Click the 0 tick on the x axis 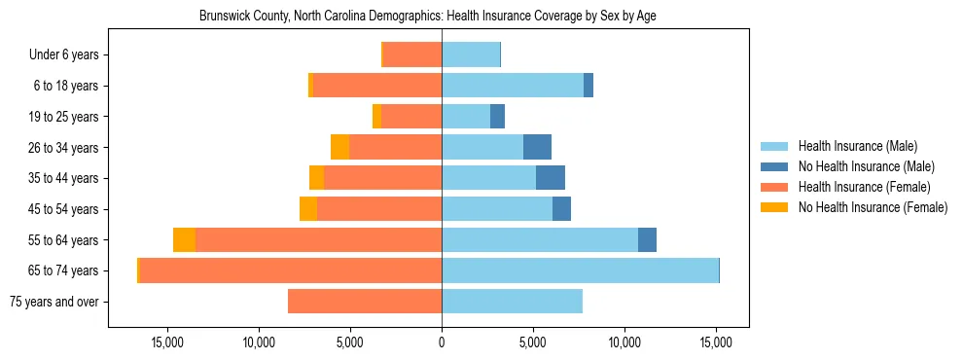[442, 342]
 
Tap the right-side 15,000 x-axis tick [716, 342]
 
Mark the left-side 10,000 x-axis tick [259, 342]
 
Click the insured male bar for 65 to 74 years [580, 270]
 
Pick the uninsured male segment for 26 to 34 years [537, 147]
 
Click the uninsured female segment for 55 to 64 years [184, 239]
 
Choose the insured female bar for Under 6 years [412, 54]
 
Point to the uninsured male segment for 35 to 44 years [551, 178]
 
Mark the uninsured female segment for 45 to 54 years [308, 209]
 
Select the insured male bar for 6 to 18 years [513, 86]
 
